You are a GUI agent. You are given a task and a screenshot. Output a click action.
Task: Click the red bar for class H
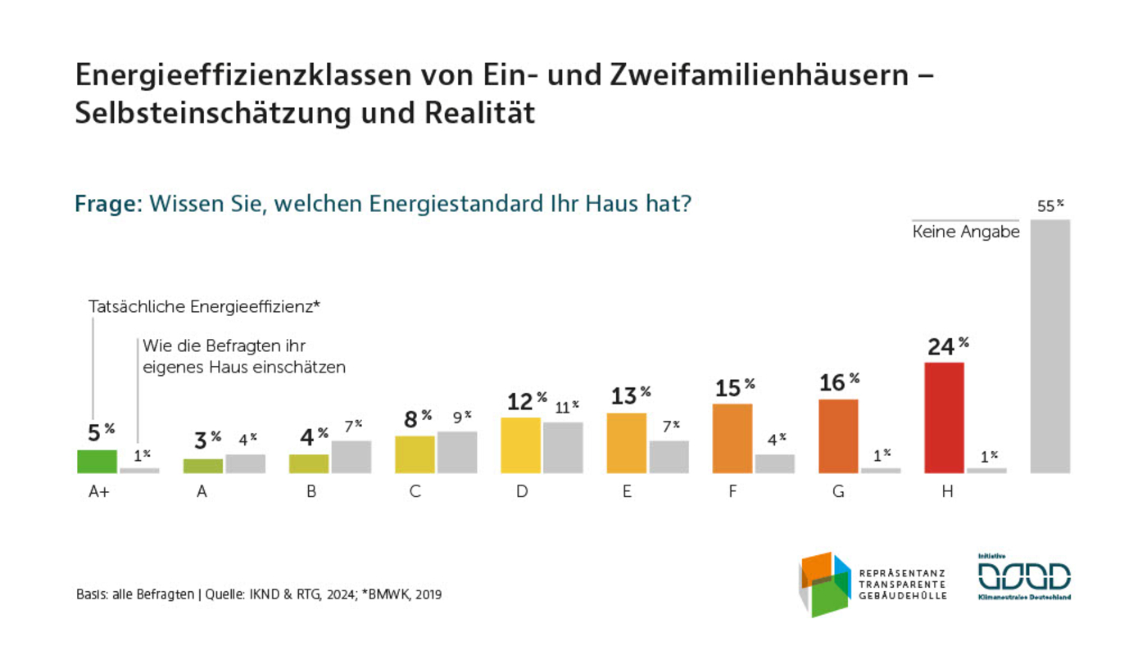click(944, 418)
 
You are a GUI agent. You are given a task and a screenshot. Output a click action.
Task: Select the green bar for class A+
click(97, 462)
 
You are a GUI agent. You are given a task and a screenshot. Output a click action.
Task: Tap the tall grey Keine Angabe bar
click(1050, 346)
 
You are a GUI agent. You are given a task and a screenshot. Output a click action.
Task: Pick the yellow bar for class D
click(520, 445)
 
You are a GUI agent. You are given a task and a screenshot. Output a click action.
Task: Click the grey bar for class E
click(669, 457)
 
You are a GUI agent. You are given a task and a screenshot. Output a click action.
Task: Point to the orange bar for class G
click(837, 436)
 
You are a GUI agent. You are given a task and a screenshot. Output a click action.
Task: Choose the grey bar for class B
click(351, 457)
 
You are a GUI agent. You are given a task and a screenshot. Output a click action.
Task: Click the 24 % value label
click(948, 346)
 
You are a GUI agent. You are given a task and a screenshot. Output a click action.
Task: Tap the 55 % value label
click(1050, 206)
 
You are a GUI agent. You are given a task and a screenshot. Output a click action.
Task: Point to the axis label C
click(415, 493)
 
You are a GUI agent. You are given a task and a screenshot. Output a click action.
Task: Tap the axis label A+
click(98, 493)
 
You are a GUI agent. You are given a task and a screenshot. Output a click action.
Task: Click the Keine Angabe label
click(965, 233)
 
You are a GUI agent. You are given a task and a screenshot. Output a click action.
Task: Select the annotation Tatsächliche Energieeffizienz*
click(203, 307)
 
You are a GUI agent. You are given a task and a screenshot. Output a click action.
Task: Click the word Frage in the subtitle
click(107, 203)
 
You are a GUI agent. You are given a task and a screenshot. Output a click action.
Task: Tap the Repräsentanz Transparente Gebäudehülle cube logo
click(826, 584)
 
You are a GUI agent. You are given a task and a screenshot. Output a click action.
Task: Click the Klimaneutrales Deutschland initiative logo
click(1024, 577)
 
